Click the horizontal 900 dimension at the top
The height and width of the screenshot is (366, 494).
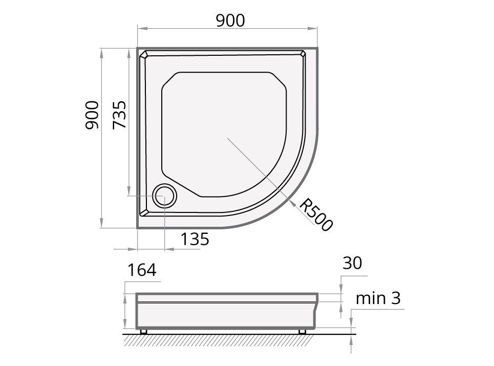[x=230, y=21]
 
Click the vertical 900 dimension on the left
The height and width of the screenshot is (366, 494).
[x=92, y=115]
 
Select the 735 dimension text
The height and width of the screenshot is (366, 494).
[x=119, y=115]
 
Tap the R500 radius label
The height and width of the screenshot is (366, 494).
[x=315, y=215]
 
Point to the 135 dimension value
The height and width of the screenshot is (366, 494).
[x=195, y=240]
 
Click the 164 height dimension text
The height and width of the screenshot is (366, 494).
[x=142, y=270]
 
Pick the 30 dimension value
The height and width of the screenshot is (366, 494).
[x=352, y=263]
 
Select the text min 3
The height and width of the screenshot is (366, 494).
[x=378, y=298]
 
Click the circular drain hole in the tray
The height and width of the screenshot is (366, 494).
[x=164, y=196]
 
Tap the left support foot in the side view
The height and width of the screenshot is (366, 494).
[x=144, y=331]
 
